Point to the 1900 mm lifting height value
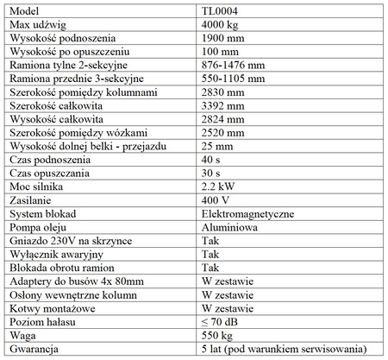(219, 40)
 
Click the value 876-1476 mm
(228, 64)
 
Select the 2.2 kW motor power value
(215, 186)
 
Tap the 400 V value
(213, 199)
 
